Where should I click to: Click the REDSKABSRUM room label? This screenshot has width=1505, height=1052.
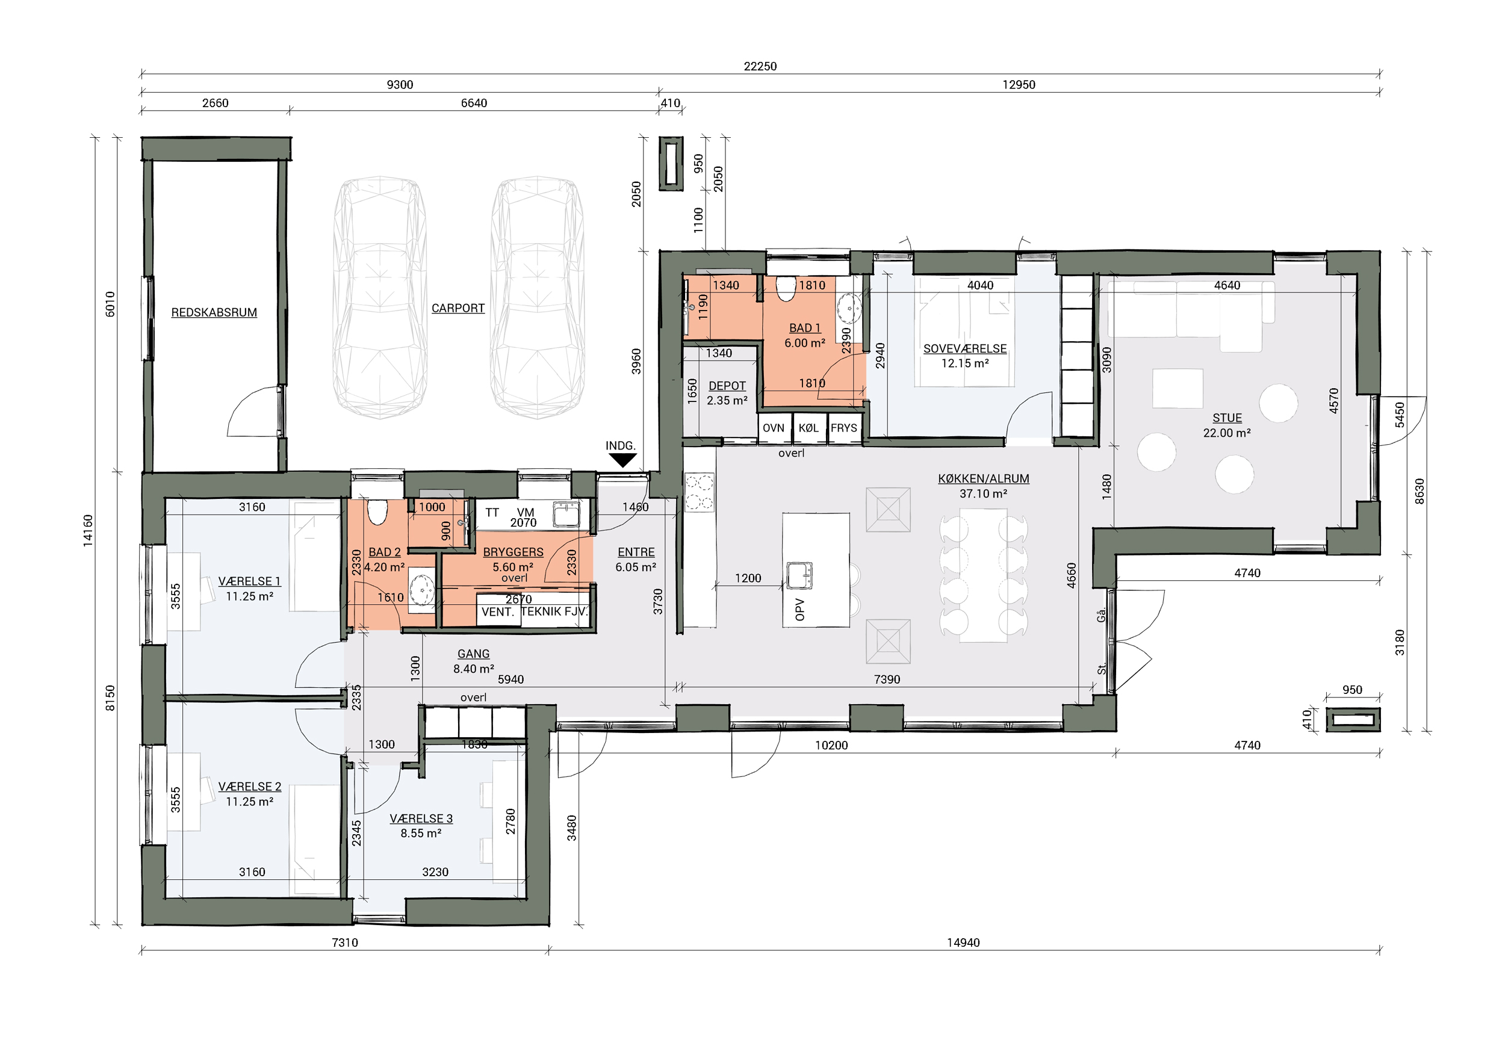pyautogui.click(x=214, y=312)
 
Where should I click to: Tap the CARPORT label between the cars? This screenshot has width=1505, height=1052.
pyautogui.click(x=458, y=308)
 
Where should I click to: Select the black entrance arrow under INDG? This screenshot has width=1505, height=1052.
pyautogui.click(x=622, y=460)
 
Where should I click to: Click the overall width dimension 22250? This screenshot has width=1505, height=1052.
pyautogui.click(x=760, y=66)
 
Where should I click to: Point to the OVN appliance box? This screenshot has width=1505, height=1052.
pyautogui.click(x=774, y=428)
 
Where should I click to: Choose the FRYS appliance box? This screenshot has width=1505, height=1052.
pyautogui.click(x=844, y=428)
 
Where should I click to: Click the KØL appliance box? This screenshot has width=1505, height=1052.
pyautogui.click(x=809, y=428)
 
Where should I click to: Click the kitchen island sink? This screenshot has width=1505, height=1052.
pyautogui.click(x=799, y=575)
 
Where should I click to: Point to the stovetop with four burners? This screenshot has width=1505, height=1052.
pyautogui.click(x=699, y=492)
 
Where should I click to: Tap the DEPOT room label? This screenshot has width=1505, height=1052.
pyautogui.click(x=727, y=386)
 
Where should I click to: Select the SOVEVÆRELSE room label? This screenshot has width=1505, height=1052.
pyautogui.click(x=965, y=348)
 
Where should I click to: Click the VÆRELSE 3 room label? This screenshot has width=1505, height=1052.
pyautogui.click(x=421, y=818)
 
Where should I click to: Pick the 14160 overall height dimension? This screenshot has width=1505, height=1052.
pyautogui.click(x=88, y=530)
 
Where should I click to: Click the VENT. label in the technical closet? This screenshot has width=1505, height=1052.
pyautogui.click(x=497, y=612)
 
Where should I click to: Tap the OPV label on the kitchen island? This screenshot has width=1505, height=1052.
pyautogui.click(x=799, y=609)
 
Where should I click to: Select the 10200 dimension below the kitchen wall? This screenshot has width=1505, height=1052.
pyautogui.click(x=831, y=745)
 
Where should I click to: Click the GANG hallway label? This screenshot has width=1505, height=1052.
pyautogui.click(x=473, y=654)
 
